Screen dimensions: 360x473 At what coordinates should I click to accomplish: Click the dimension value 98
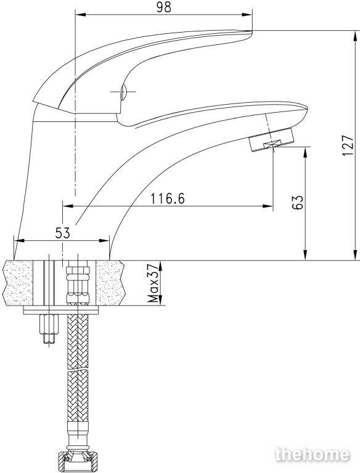click(x=164, y=7)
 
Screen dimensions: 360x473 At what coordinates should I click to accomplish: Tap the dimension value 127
click(x=348, y=145)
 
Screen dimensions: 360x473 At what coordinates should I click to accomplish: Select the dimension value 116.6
click(x=168, y=198)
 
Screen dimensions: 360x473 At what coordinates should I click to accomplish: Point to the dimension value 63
click(x=298, y=202)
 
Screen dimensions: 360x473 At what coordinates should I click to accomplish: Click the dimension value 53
click(x=62, y=233)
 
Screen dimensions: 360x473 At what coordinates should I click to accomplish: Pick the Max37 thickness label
click(x=153, y=283)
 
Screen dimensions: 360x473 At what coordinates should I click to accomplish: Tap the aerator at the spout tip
click(x=271, y=140)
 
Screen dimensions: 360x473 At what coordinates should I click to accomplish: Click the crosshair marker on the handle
click(x=123, y=91)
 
